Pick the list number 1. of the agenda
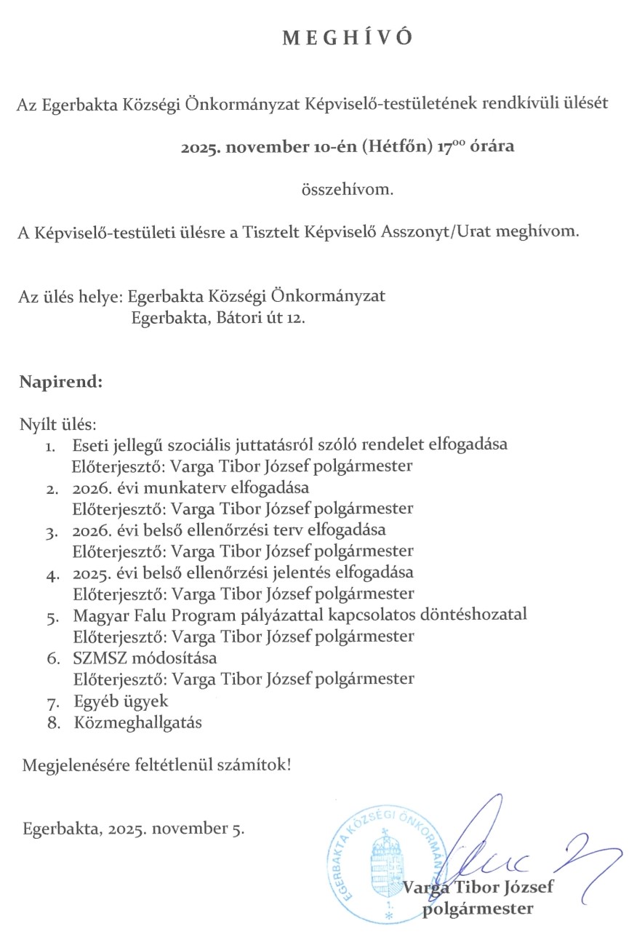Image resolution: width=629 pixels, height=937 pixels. pos(53,445)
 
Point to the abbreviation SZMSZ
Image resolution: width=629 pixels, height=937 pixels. pos(100,657)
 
